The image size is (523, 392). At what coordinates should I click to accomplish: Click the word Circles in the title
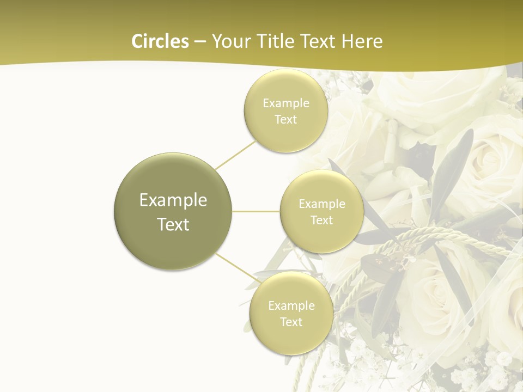tap(160, 41)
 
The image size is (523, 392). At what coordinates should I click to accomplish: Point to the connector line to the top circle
tap(235, 154)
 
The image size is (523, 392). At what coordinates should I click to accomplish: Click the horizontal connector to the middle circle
tap(256, 211)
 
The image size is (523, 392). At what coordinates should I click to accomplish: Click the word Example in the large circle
tap(173, 200)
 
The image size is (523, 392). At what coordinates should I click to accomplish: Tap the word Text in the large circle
tap(173, 224)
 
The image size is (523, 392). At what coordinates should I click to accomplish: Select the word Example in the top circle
tap(285, 103)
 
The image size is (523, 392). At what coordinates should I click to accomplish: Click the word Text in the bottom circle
tap(291, 322)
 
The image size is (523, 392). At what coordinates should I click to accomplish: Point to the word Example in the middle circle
tap(321, 204)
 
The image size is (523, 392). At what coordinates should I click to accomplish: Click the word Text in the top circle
tap(285, 119)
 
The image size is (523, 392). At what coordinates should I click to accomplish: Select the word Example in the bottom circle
tap(291, 305)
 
